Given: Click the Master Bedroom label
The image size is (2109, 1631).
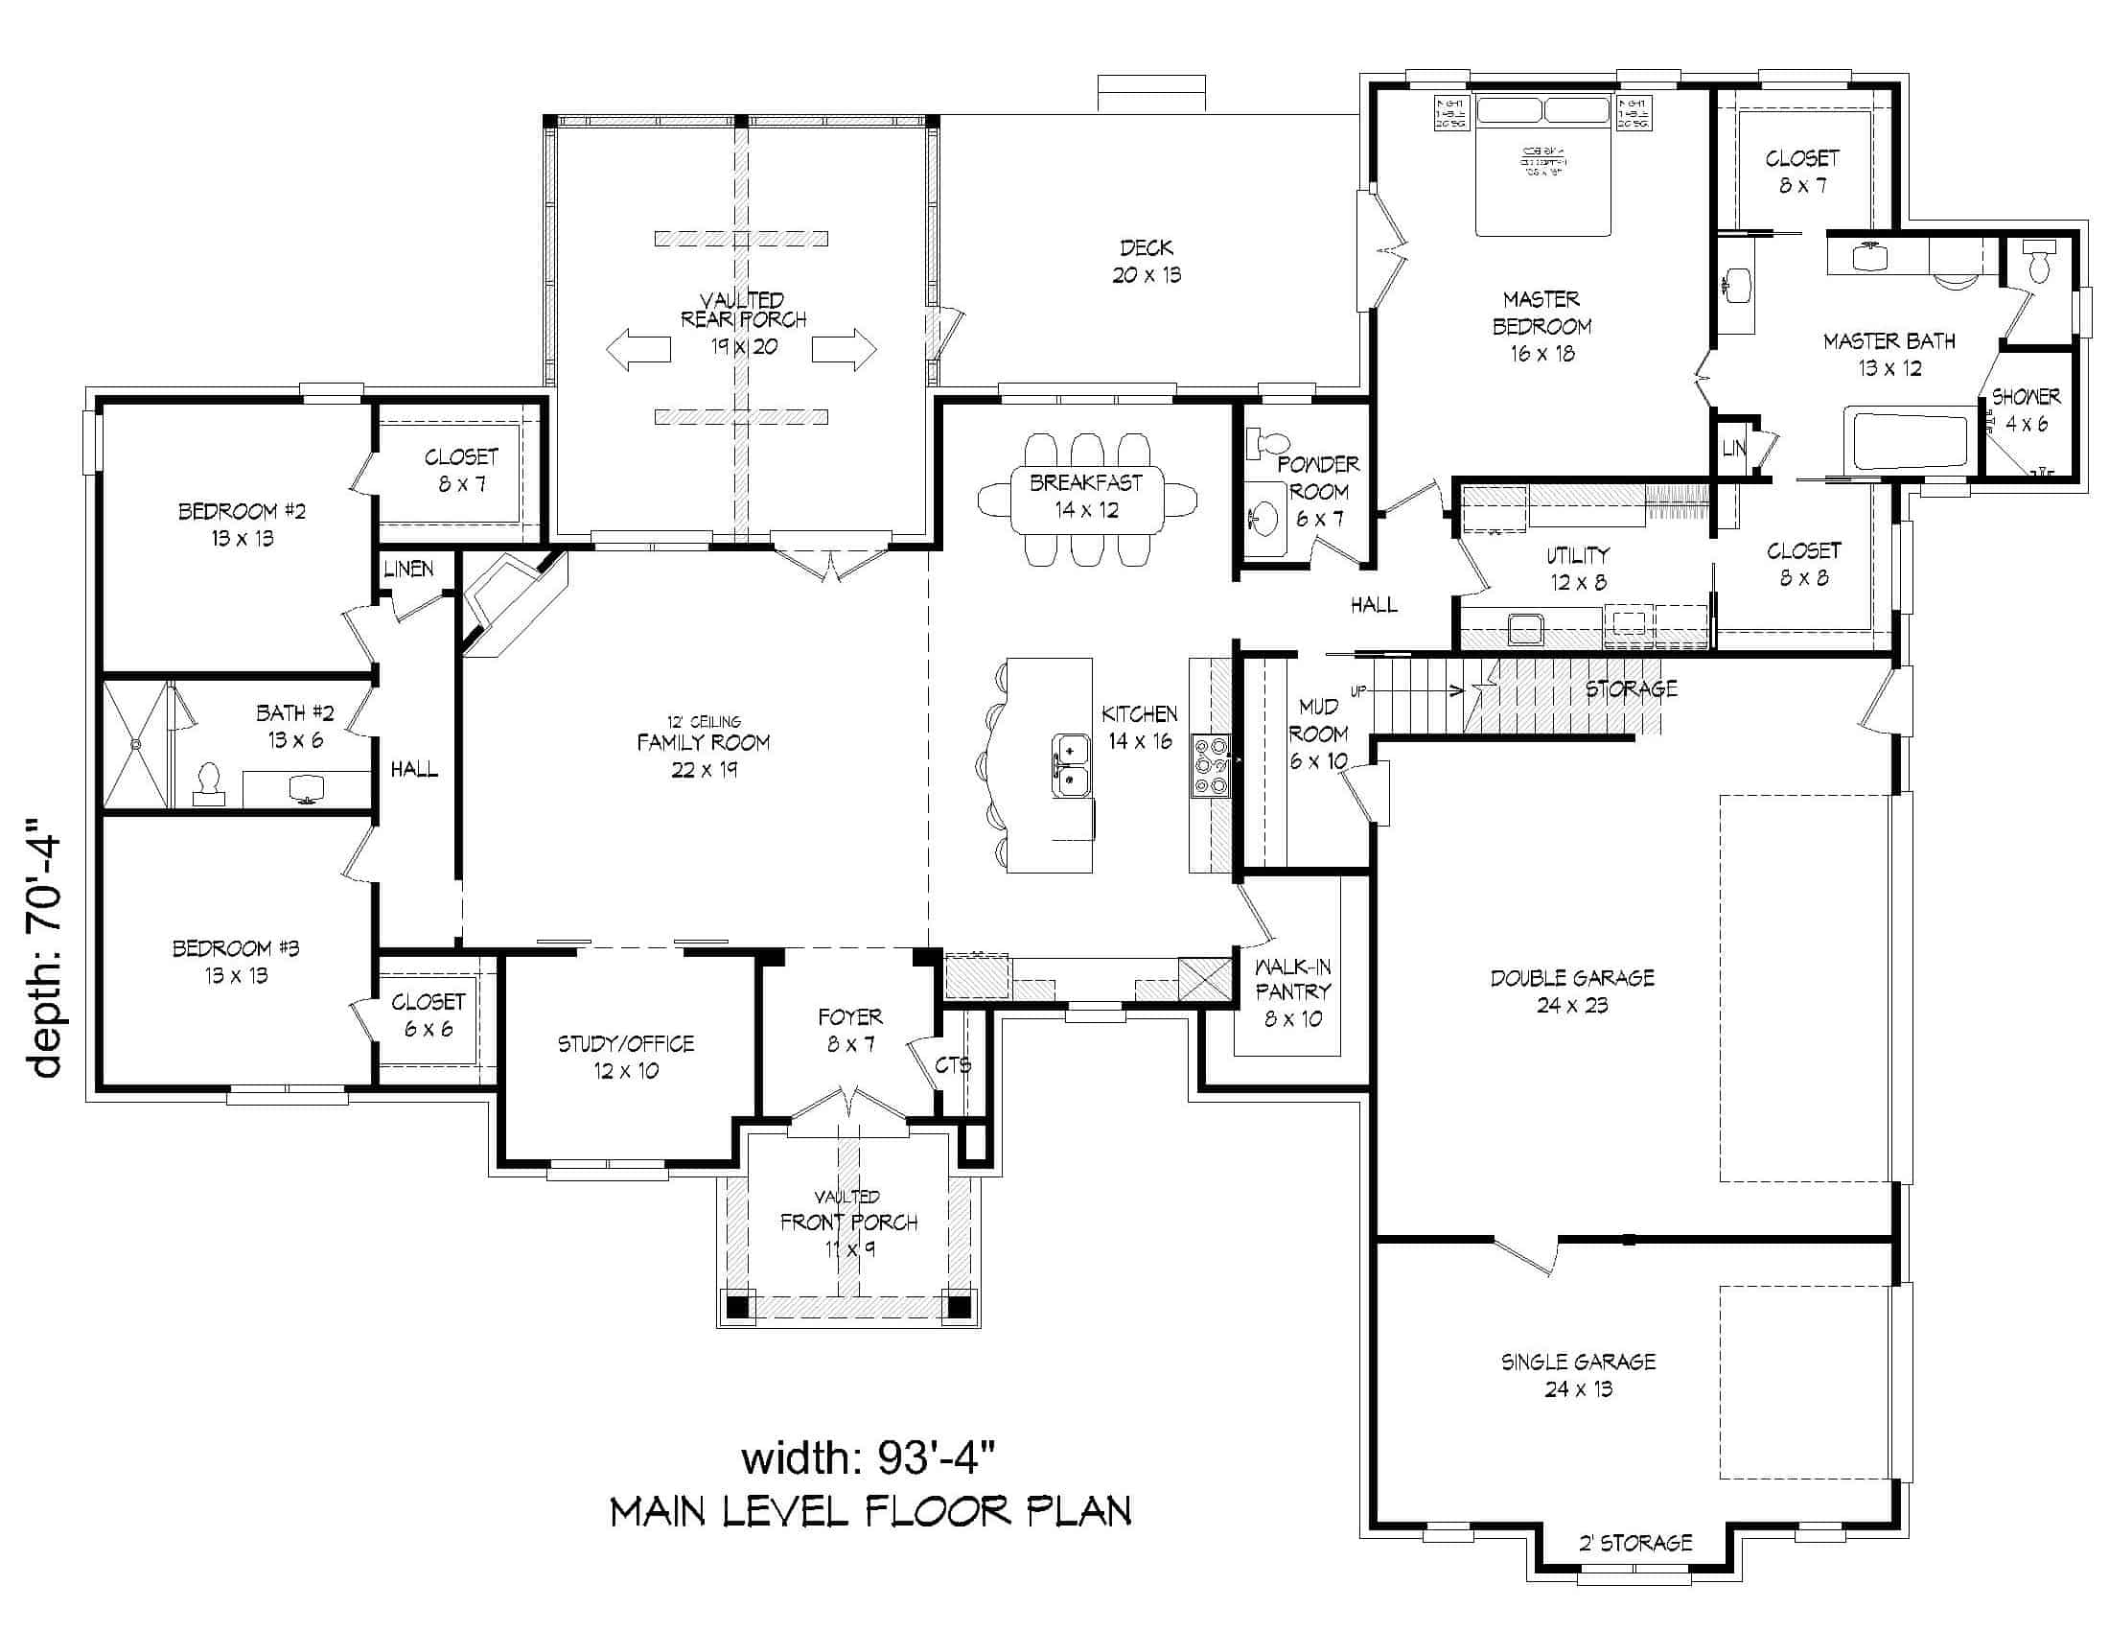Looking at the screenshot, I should pyautogui.click(x=1541, y=326).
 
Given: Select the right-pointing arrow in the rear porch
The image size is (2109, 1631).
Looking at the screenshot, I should pyautogui.click(x=844, y=349).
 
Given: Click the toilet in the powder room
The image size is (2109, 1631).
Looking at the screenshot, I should pyautogui.click(x=1266, y=444).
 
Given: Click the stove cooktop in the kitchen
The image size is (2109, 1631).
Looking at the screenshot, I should pyautogui.click(x=1211, y=766).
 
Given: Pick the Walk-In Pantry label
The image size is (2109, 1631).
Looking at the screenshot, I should pyautogui.click(x=1293, y=991).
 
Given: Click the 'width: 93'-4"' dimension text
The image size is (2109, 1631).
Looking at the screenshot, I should pyautogui.click(x=868, y=1457).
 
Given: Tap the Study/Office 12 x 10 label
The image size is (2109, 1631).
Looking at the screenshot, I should pyautogui.click(x=626, y=1057).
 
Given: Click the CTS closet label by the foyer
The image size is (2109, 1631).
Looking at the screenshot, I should pyautogui.click(x=952, y=1065).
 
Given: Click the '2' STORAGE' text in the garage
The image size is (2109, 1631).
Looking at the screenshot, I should pyautogui.click(x=1634, y=1543).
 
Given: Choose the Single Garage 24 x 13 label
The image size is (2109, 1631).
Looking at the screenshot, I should pyautogui.click(x=1577, y=1375).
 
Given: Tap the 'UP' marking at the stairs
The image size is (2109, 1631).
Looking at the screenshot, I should pyautogui.click(x=1358, y=691).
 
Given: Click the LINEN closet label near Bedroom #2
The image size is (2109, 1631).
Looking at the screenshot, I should pyautogui.click(x=408, y=569).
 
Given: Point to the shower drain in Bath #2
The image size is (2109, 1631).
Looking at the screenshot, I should pyautogui.click(x=136, y=744).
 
